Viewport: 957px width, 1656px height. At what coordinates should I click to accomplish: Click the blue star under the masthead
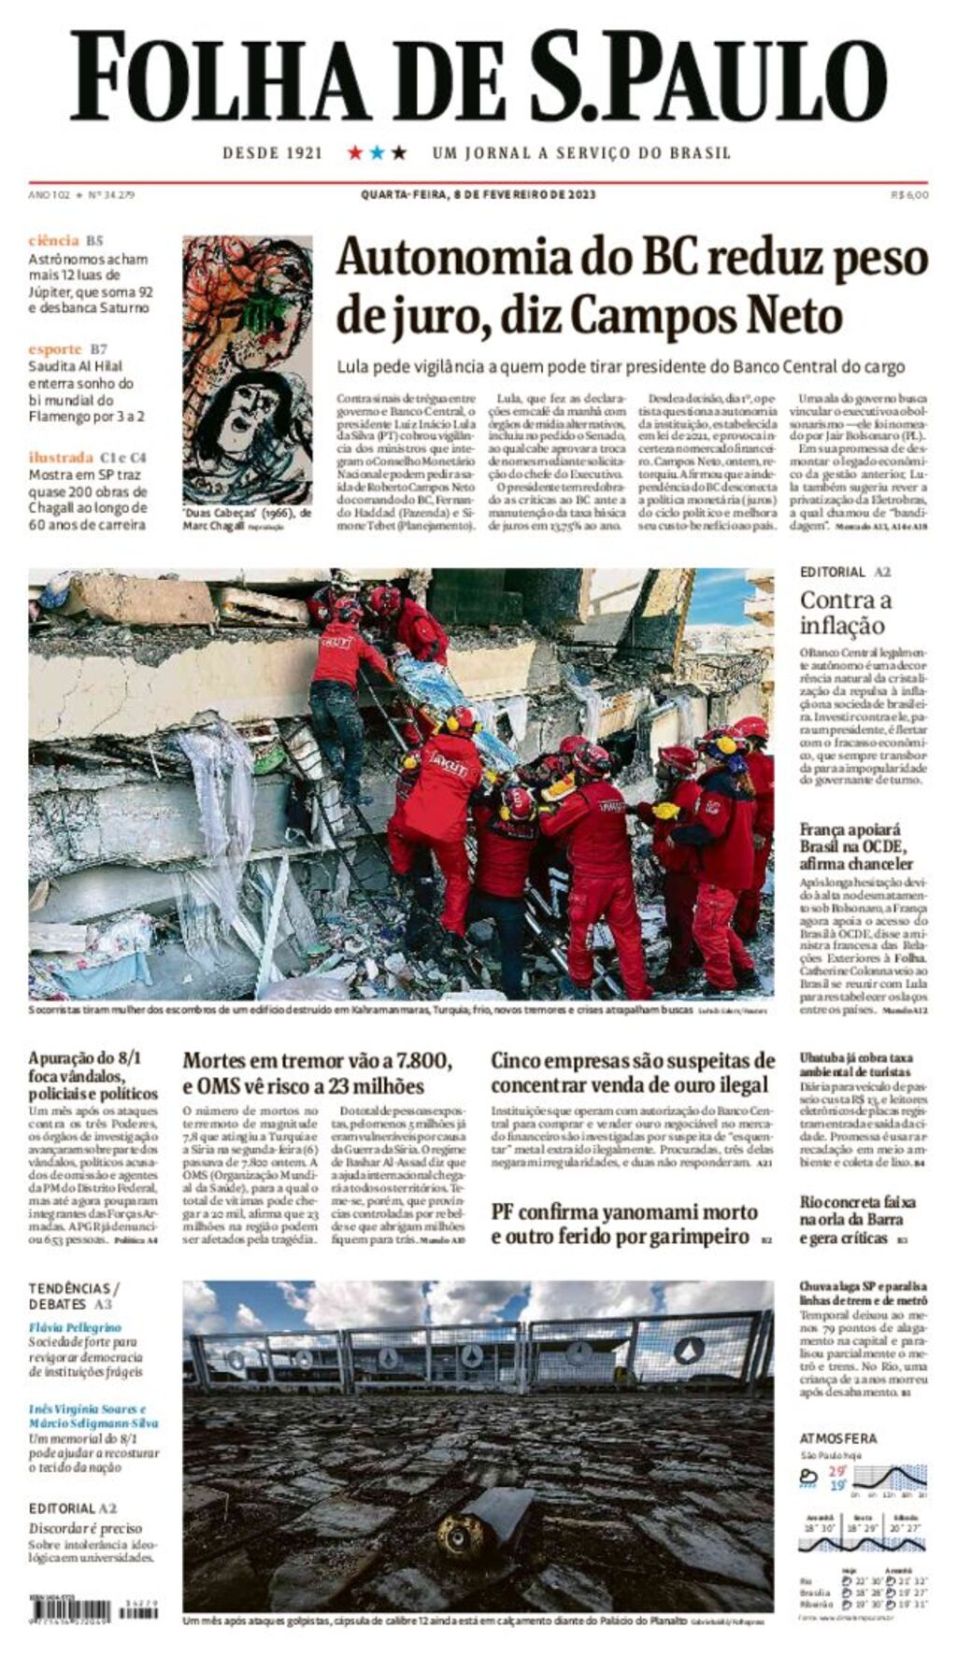tap(377, 152)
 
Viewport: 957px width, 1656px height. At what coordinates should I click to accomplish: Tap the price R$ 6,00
tap(909, 195)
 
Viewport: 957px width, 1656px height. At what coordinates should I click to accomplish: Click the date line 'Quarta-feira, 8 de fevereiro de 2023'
tap(478, 195)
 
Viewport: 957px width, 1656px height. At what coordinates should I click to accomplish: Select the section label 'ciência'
tap(53, 241)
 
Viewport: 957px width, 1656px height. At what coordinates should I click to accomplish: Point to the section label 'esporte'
tap(55, 348)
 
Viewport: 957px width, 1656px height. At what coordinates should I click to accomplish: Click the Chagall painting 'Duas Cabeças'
tap(247, 369)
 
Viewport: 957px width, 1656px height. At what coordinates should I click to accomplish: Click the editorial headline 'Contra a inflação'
tap(845, 613)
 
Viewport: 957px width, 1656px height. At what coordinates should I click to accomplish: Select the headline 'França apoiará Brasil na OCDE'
tap(855, 846)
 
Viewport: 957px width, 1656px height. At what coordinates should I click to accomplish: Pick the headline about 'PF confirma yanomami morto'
tap(624, 1224)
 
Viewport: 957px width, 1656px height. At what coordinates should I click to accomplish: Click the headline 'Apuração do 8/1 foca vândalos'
tap(93, 1075)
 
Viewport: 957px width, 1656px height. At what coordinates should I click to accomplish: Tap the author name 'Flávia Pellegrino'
tap(75, 1327)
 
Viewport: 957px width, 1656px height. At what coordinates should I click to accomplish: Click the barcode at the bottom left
tap(70, 1610)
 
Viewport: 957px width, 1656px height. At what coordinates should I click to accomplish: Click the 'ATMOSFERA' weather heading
tap(837, 1438)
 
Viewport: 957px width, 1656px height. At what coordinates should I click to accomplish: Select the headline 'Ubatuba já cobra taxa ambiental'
tap(854, 1065)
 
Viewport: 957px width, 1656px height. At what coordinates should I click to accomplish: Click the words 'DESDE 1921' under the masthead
tap(272, 152)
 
